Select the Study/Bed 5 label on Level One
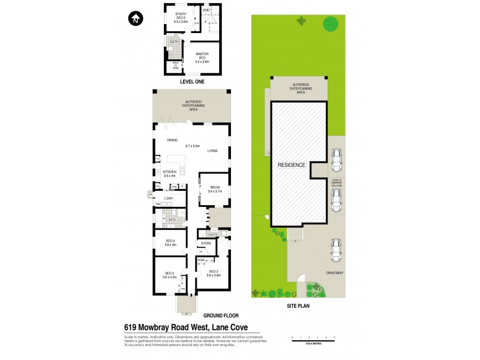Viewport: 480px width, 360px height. click(181, 17)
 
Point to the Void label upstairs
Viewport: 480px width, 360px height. click(205, 10)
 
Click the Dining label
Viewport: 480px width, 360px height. click(173, 140)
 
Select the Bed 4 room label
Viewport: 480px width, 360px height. click(170, 242)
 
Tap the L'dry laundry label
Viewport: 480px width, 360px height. click(169, 199)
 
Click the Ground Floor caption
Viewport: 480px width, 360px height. click(221, 315)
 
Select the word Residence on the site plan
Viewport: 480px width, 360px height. click(292, 165)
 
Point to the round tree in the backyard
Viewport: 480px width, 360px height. click(330, 25)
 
